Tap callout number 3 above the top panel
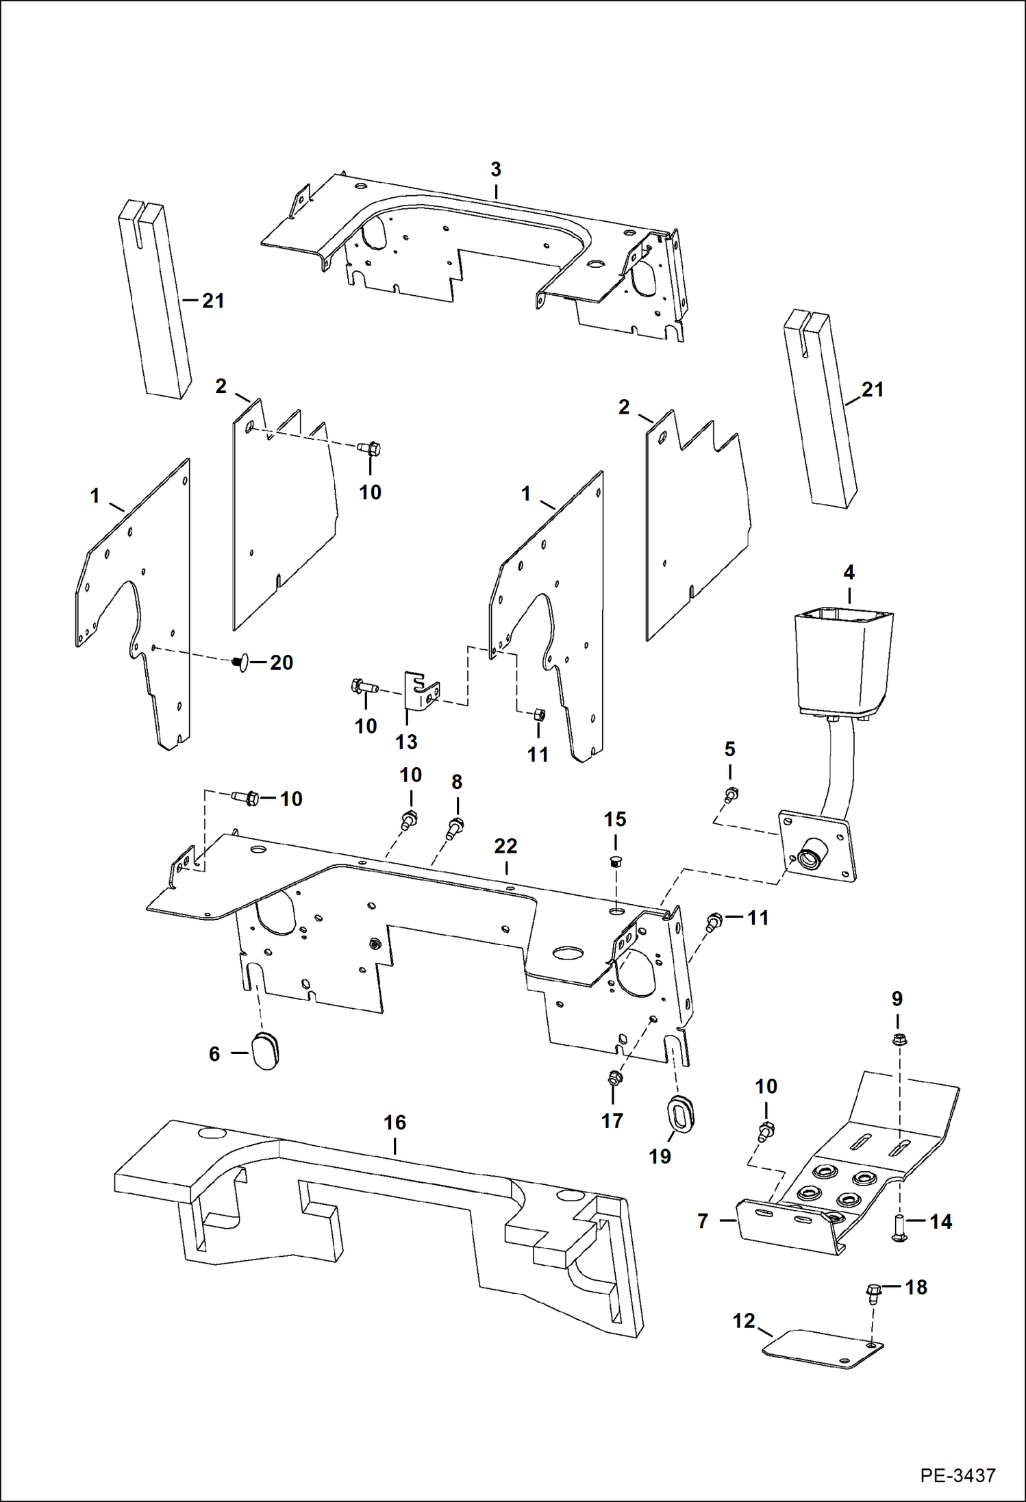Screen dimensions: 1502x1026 (x=496, y=169)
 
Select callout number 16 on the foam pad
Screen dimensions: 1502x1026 (x=395, y=1123)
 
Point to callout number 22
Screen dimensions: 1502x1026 (x=505, y=847)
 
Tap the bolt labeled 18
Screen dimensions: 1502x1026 (x=873, y=1292)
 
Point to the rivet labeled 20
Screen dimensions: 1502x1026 (x=238, y=662)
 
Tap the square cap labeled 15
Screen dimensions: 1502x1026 (x=615, y=862)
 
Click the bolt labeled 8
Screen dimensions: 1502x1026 (x=455, y=827)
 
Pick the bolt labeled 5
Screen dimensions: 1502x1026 (x=731, y=795)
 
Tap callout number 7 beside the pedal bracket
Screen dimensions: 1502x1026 (x=702, y=1221)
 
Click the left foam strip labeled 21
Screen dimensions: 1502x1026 (x=154, y=299)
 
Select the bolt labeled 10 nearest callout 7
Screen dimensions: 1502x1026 (x=766, y=1131)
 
